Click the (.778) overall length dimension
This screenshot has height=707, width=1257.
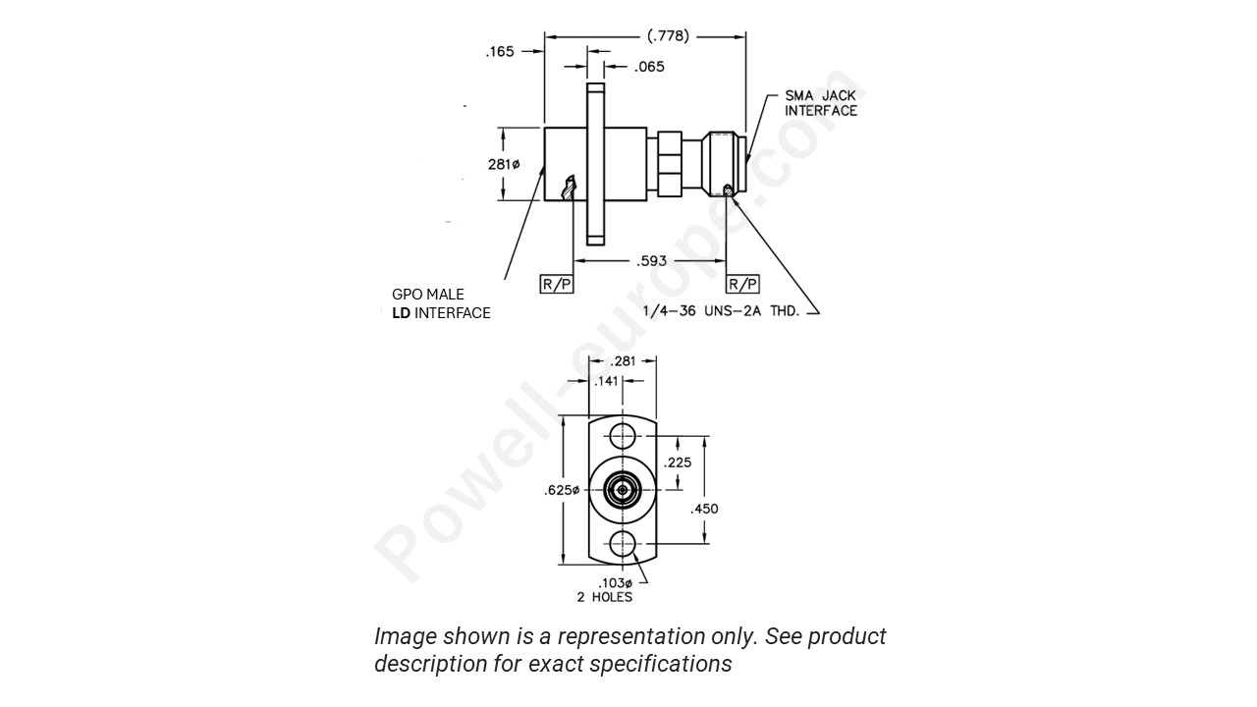668,36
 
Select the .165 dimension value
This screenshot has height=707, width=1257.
500,52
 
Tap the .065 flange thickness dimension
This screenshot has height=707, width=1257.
649,67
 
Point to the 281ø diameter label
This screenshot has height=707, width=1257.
504,164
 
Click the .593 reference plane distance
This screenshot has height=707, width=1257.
650,261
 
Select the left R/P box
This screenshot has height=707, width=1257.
557,284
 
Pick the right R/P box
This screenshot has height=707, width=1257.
741,284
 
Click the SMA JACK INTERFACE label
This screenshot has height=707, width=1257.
820,103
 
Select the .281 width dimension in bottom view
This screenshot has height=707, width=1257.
623,362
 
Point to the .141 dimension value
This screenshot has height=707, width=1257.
606,381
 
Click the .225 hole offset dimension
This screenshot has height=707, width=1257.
677,462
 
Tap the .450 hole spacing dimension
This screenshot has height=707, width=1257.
704,508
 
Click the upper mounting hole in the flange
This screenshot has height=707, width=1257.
622,436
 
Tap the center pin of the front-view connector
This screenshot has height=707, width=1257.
622,488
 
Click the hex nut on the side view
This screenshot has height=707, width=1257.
669,164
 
